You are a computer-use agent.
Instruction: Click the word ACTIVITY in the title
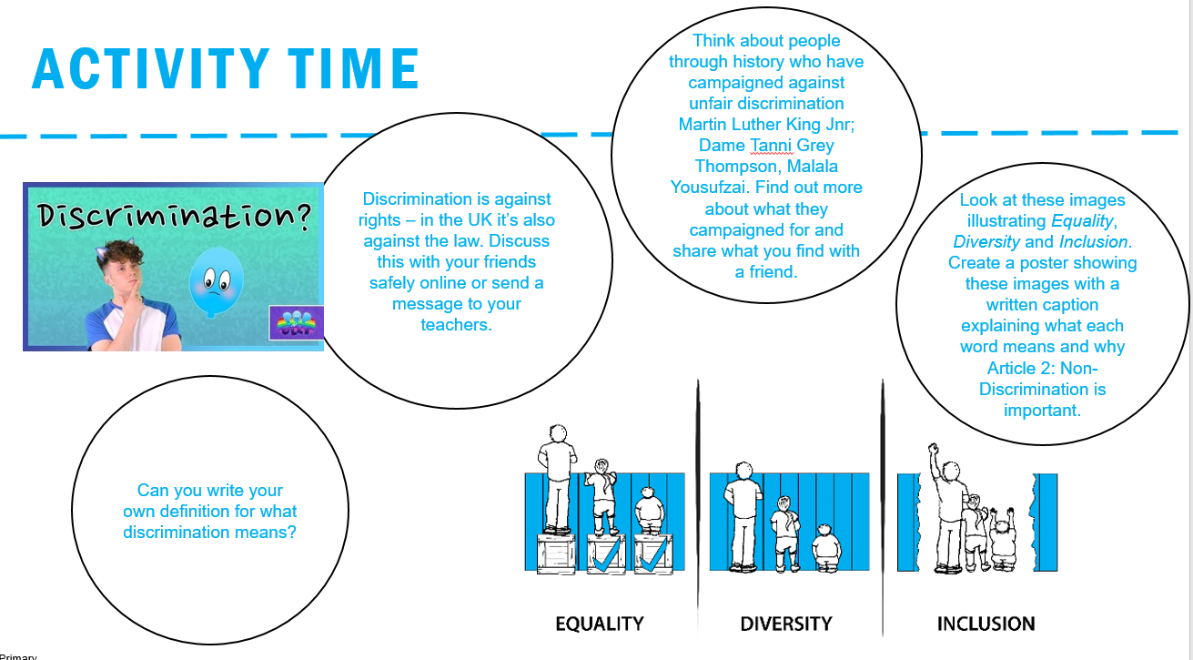pos(151,68)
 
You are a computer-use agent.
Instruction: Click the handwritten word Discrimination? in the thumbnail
pos(174,217)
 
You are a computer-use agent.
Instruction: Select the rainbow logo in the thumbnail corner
pos(296,322)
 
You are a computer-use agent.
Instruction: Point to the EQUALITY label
pos(599,624)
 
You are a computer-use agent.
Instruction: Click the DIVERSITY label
pos(785,624)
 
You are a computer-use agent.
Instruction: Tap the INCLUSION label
pos(986,624)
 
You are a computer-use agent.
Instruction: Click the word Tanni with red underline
pos(771,145)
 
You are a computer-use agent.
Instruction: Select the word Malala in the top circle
pos(813,167)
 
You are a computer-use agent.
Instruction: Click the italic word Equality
pos(1082,221)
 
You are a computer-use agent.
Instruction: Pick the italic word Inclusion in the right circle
pos(1093,242)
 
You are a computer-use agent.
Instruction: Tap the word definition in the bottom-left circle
pos(195,512)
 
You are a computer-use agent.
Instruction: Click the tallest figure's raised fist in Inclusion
pos(933,448)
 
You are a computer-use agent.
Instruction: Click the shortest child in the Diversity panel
pos(826,548)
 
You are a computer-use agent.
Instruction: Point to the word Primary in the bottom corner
pos(18,656)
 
